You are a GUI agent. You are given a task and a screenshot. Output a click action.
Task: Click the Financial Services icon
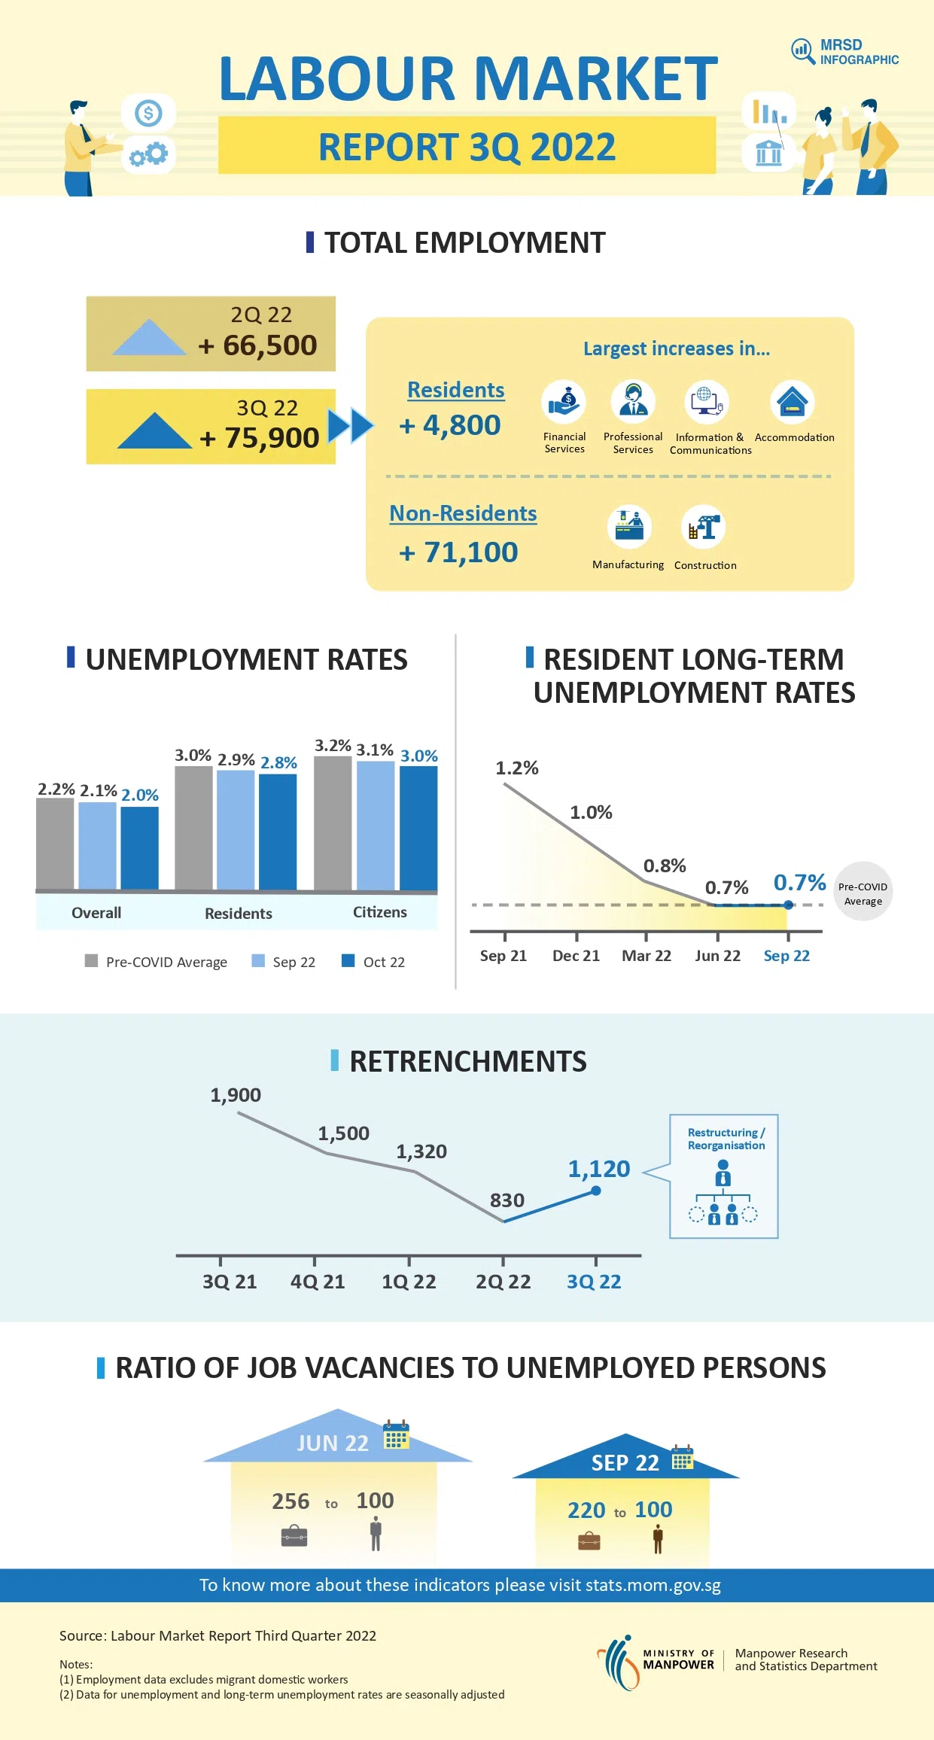click(564, 402)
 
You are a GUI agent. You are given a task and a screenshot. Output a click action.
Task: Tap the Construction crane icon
click(704, 527)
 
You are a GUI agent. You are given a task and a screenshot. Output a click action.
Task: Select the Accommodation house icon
click(793, 402)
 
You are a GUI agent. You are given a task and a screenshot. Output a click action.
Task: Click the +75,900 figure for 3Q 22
click(260, 438)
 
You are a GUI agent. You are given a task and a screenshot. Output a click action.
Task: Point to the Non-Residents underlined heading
click(463, 513)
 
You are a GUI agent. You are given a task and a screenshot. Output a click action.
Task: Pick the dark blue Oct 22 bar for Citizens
click(418, 828)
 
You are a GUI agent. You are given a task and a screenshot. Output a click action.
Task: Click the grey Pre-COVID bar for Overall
click(55, 844)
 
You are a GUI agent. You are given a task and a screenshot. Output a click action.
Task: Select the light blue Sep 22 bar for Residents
click(236, 830)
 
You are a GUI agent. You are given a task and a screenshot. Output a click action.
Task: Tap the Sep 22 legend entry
click(284, 962)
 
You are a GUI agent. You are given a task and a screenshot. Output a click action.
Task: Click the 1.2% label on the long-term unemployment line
click(516, 768)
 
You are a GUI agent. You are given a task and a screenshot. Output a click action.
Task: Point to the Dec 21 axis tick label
click(576, 956)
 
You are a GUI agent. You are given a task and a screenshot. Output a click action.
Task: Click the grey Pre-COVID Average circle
click(863, 892)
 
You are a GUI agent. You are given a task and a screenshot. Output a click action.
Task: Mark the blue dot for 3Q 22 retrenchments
click(596, 1191)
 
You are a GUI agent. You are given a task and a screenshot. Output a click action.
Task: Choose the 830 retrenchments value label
click(507, 1200)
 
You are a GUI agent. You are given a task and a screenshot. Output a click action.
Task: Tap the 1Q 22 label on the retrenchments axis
click(409, 1282)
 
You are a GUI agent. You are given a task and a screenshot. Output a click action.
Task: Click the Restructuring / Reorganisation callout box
click(723, 1176)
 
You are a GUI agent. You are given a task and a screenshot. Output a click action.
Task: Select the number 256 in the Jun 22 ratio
click(291, 1501)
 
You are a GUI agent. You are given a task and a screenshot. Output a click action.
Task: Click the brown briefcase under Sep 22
click(589, 1542)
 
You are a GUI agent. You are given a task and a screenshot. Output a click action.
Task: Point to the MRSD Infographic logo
click(844, 52)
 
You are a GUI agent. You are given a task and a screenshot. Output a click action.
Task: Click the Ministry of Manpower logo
click(656, 1660)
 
